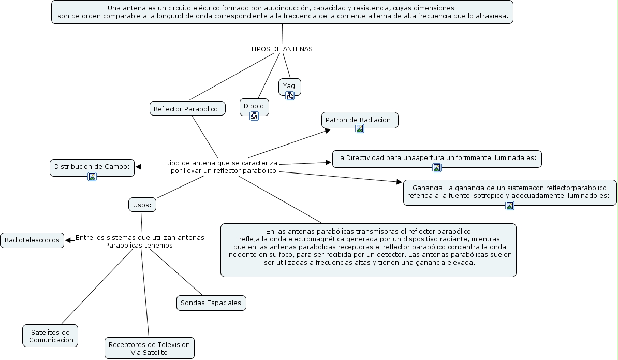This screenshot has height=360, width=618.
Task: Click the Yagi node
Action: click(289, 85)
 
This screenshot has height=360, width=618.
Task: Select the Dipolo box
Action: click(254, 106)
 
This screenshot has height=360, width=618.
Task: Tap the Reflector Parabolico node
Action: click(187, 109)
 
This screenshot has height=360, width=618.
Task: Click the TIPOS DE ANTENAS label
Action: click(281, 49)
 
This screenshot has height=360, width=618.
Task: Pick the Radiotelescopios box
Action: click(33, 240)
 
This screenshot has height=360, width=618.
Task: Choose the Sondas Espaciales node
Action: click(211, 303)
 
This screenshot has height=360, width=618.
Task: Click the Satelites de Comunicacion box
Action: click(50, 336)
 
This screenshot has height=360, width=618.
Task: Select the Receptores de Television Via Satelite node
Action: click(149, 348)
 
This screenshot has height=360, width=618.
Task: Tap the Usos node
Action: click(142, 205)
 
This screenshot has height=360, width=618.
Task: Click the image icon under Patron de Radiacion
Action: click(360, 128)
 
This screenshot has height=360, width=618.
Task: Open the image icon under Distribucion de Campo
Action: click(92, 176)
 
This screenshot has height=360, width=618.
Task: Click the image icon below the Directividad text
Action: click(437, 167)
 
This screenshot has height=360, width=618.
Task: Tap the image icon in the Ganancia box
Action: click(510, 206)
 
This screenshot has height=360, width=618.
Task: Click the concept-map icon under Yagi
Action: click(290, 95)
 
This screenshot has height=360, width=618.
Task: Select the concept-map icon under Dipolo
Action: click(254, 116)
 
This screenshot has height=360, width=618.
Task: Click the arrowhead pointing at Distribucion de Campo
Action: click(139, 167)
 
